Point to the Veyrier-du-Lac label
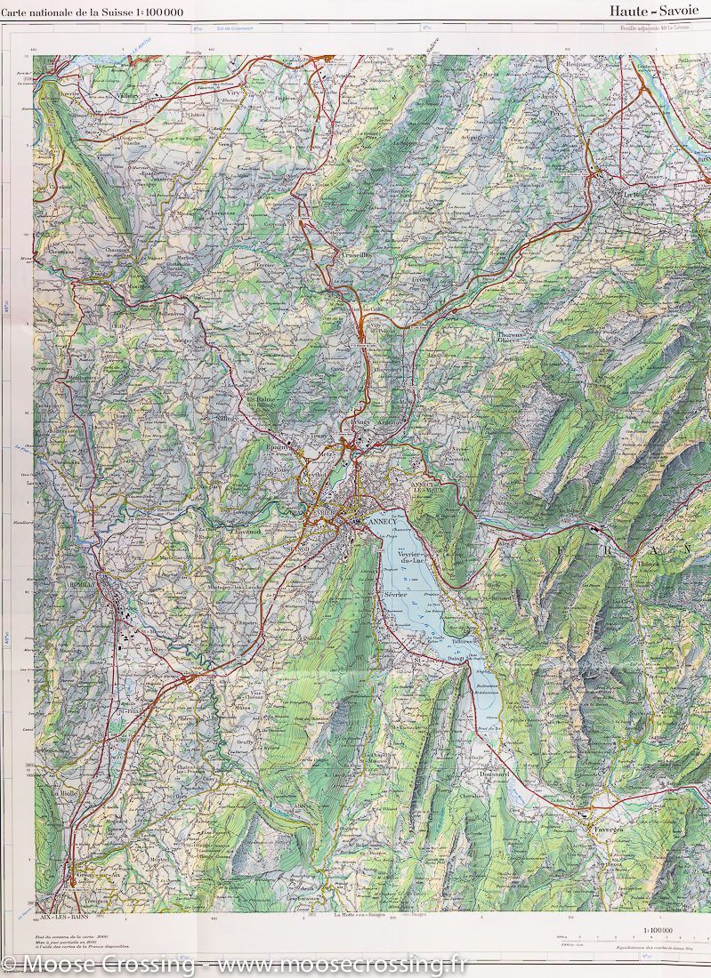(x=412, y=561)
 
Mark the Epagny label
(x=280, y=446)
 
